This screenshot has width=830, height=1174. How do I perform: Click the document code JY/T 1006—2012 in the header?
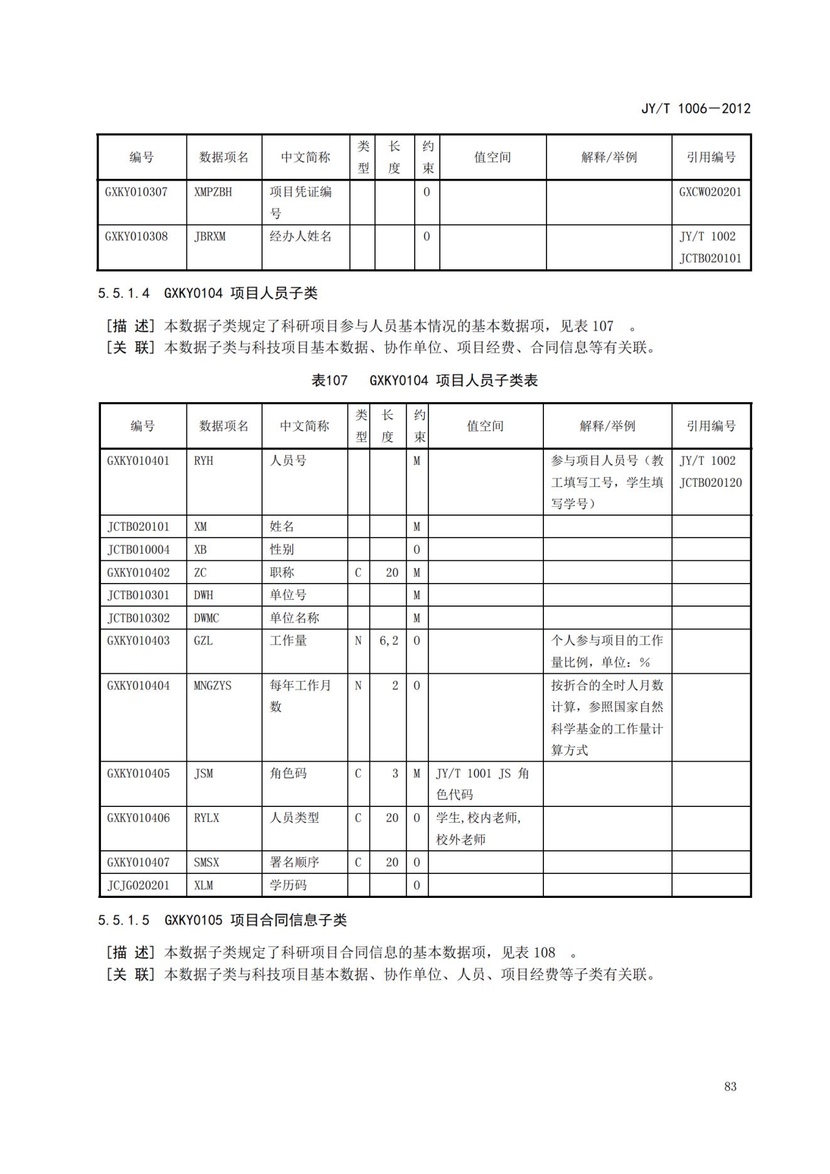(695, 109)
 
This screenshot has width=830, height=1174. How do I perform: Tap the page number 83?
(730, 1086)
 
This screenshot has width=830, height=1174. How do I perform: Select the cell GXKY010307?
(136, 192)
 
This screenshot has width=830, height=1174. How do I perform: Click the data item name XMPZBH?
(213, 192)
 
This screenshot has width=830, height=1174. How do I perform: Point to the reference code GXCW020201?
(710, 192)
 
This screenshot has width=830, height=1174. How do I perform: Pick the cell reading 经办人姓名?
(301, 237)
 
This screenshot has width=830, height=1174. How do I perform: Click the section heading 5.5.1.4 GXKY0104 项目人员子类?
(208, 293)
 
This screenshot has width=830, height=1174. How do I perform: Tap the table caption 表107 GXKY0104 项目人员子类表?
(425, 380)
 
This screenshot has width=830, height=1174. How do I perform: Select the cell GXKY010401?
(138, 461)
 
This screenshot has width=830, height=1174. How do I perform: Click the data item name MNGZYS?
(213, 685)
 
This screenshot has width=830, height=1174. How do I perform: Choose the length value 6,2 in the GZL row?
(388, 641)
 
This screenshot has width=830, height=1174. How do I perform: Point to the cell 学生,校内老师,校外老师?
(478, 828)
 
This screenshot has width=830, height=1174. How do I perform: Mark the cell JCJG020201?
(138, 885)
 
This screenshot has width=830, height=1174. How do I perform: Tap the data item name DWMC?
(206, 618)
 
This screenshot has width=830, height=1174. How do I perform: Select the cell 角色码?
(288, 773)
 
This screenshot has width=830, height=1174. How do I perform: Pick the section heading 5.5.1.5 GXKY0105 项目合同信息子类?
(222, 921)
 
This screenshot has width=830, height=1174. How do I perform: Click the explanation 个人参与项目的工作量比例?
(606, 651)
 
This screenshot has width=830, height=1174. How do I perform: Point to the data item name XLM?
(203, 885)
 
